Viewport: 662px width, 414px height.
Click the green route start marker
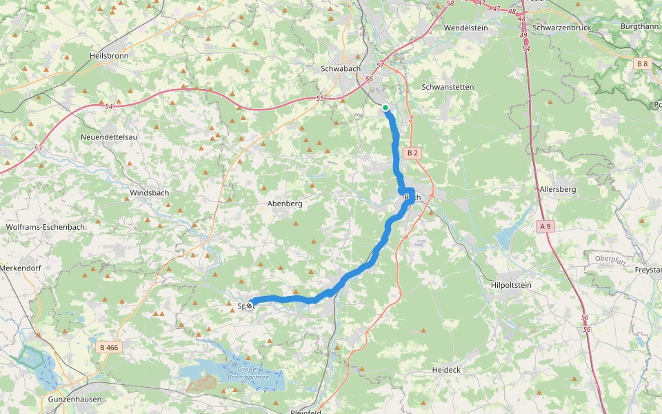tap(385, 107)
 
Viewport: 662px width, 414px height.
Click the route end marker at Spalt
tap(249, 304)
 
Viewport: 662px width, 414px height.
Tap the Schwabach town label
tap(341, 69)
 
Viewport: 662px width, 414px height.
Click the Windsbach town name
tap(150, 193)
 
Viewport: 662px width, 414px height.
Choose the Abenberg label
tap(285, 204)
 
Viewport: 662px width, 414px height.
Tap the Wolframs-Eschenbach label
tap(45, 226)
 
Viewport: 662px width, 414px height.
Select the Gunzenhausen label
tap(75, 400)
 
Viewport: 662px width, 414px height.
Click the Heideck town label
tap(445, 370)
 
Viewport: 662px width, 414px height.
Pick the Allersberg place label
tap(557, 188)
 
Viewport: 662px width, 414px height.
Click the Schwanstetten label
tap(448, 88)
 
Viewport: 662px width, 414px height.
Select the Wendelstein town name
tap(465, 28)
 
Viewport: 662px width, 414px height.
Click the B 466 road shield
tap(109, 347)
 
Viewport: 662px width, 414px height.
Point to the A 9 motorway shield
tap(545, 226)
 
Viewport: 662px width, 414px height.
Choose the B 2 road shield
tap(412, 152)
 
